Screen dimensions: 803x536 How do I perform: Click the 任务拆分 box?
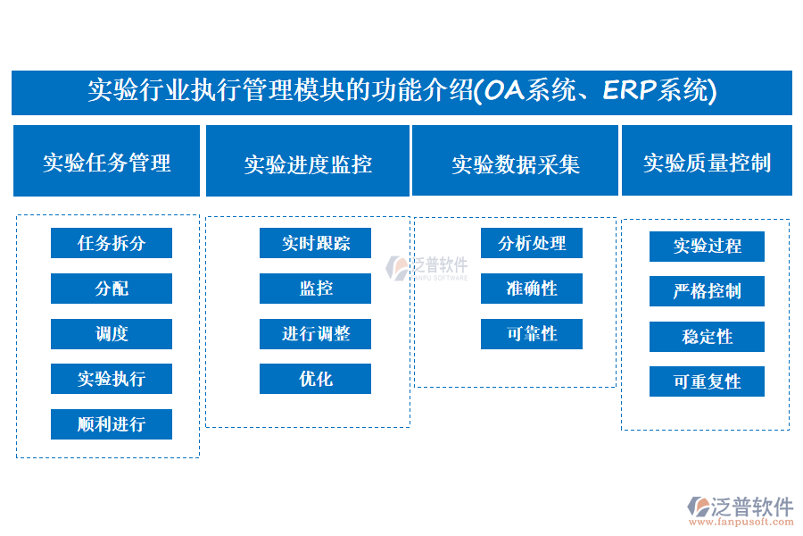pos(112,243)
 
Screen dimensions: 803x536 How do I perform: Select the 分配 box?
pos(112,289)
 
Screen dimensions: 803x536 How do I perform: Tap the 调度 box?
pos(112,334)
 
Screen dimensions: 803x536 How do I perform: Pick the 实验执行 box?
pos(112,379)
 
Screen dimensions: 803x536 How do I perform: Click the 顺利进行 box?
pos(112,424)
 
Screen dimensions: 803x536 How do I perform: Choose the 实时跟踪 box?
pos(315,243)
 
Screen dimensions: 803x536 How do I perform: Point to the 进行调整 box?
pos(315,334)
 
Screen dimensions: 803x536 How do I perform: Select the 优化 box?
pos(315,379)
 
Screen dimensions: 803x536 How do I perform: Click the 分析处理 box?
pos(532,243)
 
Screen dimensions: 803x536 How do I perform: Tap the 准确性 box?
pos(532,289)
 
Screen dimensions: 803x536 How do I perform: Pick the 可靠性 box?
pos(532,334)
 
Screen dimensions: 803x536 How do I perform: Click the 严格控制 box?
pos(707,291)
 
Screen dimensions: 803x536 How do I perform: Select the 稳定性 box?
pos(707,337)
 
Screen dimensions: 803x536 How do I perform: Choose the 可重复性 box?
pos(707,381)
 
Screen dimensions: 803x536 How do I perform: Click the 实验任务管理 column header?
pos(106,161)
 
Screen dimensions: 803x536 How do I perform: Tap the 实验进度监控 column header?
pos(308,161)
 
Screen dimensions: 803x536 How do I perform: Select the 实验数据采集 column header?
pos(515,161)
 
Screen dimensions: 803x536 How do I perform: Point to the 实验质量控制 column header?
pos(707,161)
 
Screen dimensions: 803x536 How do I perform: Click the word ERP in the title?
pos(629,90)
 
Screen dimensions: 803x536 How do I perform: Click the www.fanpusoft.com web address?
pos(741,522)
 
